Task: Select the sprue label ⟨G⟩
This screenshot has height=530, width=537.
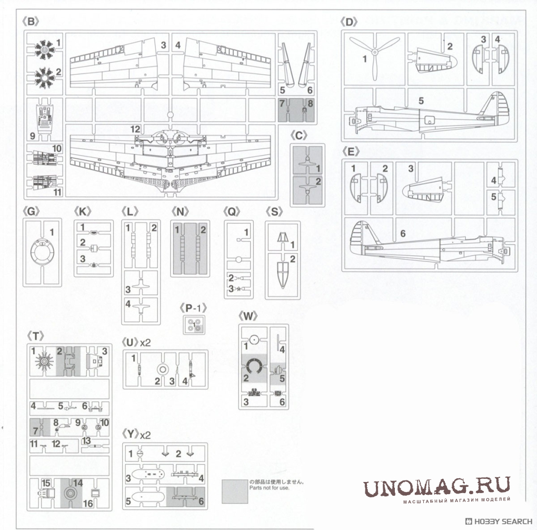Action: point(32,211)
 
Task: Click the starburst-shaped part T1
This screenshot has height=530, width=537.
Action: point(44,362)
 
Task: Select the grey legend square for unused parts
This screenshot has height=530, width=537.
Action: point(234,491)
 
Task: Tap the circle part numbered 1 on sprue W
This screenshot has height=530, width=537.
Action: point(254,340)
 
